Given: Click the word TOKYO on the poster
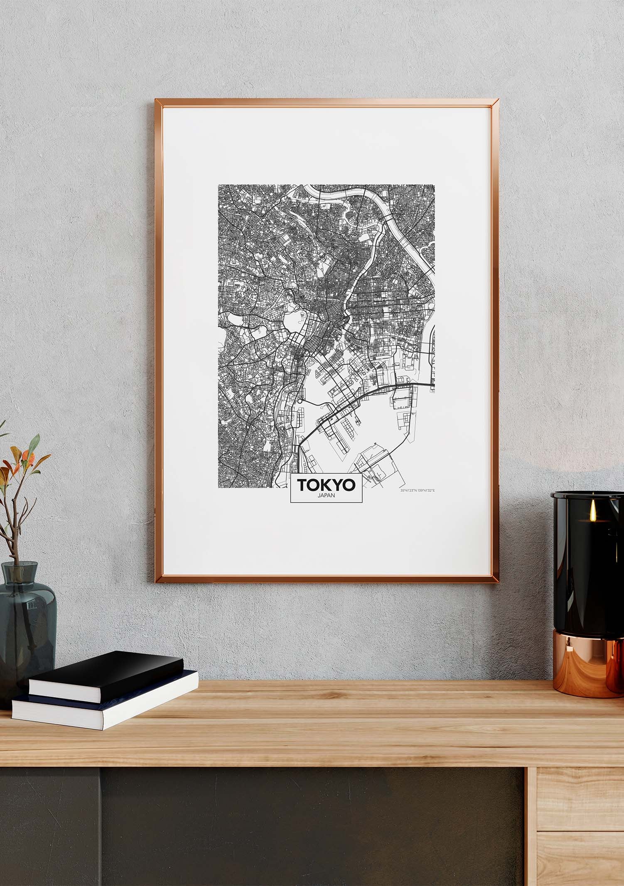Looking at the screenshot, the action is [326, 484].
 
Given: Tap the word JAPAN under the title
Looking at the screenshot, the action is [326, 495].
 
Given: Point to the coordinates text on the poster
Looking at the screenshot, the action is [417, 491].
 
